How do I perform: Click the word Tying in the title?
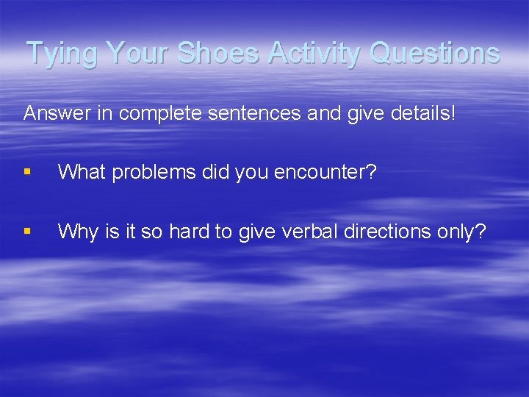(x=62, y=54)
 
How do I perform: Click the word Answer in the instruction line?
(x=54, y=114)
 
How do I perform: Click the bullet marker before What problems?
(x=28, y=172)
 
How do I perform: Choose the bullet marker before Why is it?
(x=28, y=232)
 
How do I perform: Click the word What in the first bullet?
(x=79, y=172)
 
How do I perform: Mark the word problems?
(x=148, y=172)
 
